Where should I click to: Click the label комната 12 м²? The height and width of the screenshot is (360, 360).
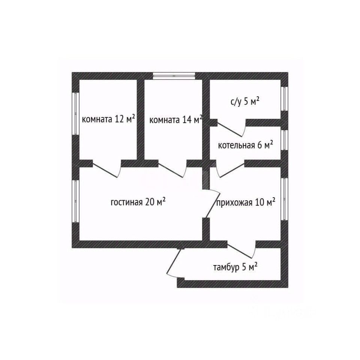click(x=108, y=119)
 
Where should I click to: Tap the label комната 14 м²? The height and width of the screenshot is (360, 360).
click(x=176, y=120)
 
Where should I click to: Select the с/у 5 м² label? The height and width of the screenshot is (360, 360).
click(x=245, y=102)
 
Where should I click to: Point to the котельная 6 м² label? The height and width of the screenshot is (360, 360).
click(x=245, y=145)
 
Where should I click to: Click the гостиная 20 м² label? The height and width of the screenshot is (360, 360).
click(x=138, y=202)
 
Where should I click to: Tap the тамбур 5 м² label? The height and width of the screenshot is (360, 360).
click(x=235, y=267)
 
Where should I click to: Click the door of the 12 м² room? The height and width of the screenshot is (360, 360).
click(x=107, y=170)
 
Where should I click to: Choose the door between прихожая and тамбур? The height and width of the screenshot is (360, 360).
click(x=242, y=249)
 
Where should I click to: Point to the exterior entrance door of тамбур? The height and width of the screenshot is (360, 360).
click(x=173, y=262)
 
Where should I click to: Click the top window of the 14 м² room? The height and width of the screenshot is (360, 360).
click(x=174, y=76)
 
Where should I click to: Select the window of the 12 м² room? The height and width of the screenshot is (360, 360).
click(x=75, y=113)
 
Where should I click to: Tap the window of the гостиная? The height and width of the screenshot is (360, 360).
click(x=75, y=201)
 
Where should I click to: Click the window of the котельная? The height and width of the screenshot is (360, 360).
click(x=284, y=139)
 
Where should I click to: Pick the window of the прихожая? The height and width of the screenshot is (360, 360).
click(x=284, y=198)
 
